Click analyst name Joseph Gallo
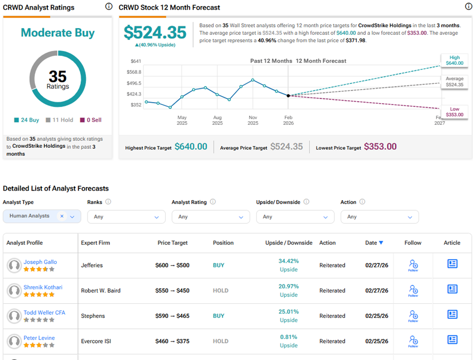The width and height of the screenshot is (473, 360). click(40, 262)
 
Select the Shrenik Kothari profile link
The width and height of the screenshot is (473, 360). click(43, 288)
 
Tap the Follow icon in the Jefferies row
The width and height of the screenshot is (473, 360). click(413, 265)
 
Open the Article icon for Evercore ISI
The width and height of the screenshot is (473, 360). click(452, 340)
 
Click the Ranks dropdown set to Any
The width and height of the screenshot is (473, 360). click(126, 217)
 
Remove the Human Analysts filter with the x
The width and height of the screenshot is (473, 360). click(62, 216)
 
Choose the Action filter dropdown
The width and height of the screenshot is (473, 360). click(379, 217)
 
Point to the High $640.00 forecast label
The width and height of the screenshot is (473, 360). click(454, 60)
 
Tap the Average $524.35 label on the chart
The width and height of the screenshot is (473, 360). click(454, 82)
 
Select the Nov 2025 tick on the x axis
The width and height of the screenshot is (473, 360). click(253, 120)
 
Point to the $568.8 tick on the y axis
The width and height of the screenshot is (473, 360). click(134, 72)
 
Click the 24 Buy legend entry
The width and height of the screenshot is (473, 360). click(27, 120)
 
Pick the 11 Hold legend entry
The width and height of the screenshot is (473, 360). click(59, 120)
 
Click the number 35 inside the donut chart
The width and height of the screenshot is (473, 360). click(57, 76)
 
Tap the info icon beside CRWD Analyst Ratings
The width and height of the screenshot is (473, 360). click(109, 7)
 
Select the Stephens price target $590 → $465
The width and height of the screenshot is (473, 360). click(172, 316)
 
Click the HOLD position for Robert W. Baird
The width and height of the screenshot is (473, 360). click(220, 291)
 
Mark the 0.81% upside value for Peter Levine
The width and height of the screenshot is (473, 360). click(289, 337)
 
